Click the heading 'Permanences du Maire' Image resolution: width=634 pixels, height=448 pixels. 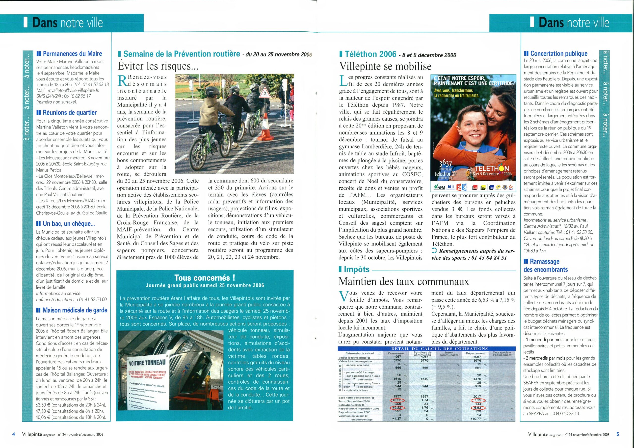[x=72, y=53]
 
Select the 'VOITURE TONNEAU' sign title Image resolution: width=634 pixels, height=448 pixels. [x=147, y=362]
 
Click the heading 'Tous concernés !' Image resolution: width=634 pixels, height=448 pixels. [x=205, y=277]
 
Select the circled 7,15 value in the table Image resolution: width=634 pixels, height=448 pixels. [x=477, y=400]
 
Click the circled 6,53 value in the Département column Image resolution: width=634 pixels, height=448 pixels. [x=477, y=408]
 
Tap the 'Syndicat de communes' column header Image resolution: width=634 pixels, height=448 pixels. [x=422, y=354]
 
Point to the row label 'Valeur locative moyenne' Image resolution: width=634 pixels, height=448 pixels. [x=355, y=361]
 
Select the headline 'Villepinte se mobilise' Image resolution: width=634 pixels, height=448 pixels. [x=385, y=66]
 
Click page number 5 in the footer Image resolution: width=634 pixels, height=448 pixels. [x=618, y=434]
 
